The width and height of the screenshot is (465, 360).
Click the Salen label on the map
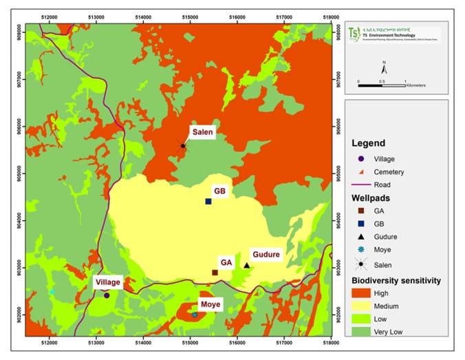pyautogui.click(x=203, y=132)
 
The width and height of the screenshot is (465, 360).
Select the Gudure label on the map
pyautogui.click(x=264, y=254)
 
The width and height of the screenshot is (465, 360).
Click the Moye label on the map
pyautogui.click(x=210, y=304)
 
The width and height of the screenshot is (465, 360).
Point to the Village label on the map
pyautogui.click(x=108, y=282)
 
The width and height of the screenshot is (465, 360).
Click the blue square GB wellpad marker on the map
pyautogui.click(x=208, y=201)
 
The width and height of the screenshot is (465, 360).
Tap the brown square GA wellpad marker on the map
pyautogui.click(x=215, y=273)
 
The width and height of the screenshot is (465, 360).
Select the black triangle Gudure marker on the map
pyautogui.click(x=247, y=265)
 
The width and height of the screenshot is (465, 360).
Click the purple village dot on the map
pyautogui.click(x=107, y=295)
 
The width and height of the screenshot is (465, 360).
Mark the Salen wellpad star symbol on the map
pyautogui.click(x=183, y=146)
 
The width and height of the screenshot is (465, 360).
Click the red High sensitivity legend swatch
pyautogui.click(x=363, y=293)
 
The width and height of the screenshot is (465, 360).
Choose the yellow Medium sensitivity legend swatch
pyautogui.click(x=363, y=306)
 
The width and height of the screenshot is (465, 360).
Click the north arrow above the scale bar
pyautogui.click(x=385, y=67)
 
